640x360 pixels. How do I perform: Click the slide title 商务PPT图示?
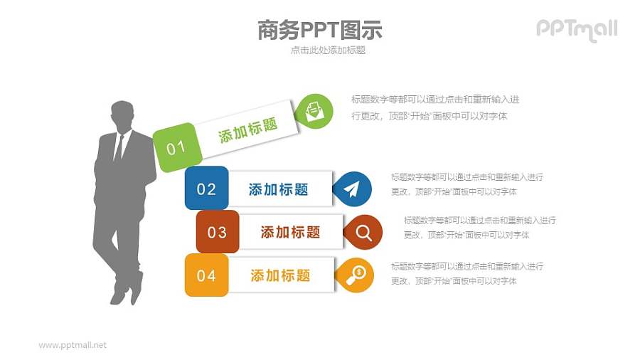[x=319, y=30]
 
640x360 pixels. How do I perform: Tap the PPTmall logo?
[x=577, y=29]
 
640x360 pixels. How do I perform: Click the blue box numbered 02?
[x=206, y=189]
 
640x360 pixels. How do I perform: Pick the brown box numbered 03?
[x=217, y=232]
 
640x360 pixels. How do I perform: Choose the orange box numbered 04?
[x=206, y=275]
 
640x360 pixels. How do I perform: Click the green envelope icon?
[x=314, y=111]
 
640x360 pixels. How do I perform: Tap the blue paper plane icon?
[x=353, y=189]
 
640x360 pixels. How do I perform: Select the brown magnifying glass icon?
[x=364, y=232]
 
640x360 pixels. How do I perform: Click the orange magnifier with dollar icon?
[x=355, y=275]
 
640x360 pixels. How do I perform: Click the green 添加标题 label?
[x=248, y=131]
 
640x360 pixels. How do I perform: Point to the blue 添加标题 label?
[x=279, y=189]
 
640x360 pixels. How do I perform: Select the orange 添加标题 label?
[x=280, y=275]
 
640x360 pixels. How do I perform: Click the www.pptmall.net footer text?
[x=73, y=345]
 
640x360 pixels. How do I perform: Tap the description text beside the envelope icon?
[x=434, y=107]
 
